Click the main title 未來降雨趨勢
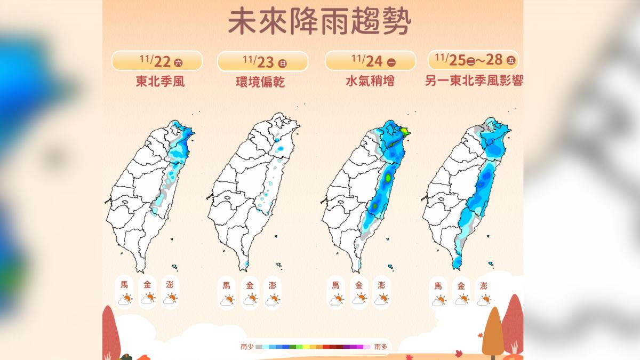coord(319,22)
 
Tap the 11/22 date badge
coord(157,61)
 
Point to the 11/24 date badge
coord(370,61)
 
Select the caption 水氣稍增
coord(370,82)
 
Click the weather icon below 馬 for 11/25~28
coord(438,300)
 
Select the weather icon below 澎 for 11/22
coord(170,299)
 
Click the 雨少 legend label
coord(247,347)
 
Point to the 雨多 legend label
coord(381,347)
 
